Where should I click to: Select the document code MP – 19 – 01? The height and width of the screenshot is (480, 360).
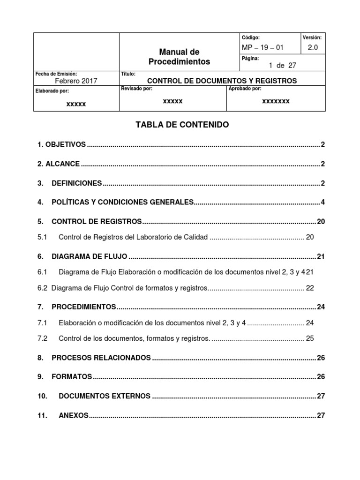[x=262, y=47]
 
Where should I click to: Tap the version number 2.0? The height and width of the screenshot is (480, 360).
[x=313, y=47]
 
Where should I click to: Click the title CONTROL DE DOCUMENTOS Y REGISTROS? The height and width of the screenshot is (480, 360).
[x=222, y=81]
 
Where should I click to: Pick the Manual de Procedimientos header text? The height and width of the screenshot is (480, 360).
[x=179, y=56]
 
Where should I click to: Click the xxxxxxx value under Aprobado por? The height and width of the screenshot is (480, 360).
[x=276, y=101]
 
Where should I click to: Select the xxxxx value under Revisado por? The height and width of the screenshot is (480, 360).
[x=172, y=101]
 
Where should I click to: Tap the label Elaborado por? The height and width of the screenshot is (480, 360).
[x=52, y=91]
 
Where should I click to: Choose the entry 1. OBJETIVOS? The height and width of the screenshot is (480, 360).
[x=61, y=144]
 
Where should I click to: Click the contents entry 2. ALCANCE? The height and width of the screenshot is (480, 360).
[x=59, y=164]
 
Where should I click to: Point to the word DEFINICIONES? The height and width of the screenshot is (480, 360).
[x=76, y=183]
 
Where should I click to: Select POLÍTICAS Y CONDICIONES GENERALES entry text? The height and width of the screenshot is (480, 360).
[x=122, y=202]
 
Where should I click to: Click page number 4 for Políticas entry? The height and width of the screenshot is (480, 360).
[x=322, y=202]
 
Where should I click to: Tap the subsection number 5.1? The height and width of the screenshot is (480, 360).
[x=43, y=237]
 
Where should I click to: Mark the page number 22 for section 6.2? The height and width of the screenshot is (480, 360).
[x=310, y=288]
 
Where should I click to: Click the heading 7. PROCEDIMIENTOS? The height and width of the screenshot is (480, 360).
[x=76, y=307]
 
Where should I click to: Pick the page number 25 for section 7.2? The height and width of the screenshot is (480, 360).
[x=310, y=338]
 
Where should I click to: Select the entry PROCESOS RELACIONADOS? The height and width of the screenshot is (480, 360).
[x=101, y=358]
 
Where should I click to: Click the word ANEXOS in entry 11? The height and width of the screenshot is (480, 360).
[x=73, y=415]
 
